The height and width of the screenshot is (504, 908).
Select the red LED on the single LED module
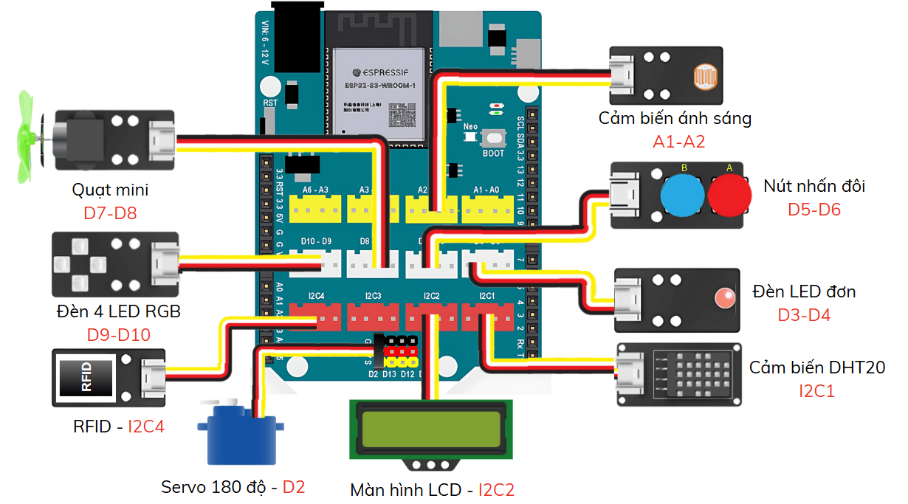723,299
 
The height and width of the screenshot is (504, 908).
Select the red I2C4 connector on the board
315,319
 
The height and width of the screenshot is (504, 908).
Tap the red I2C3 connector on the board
373,319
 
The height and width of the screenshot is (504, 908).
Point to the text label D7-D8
110,214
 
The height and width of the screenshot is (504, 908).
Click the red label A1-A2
678,141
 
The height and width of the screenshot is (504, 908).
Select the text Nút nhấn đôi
814,186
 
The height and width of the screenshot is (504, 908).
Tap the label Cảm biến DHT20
817,367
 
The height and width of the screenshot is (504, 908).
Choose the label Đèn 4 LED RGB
118,311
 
